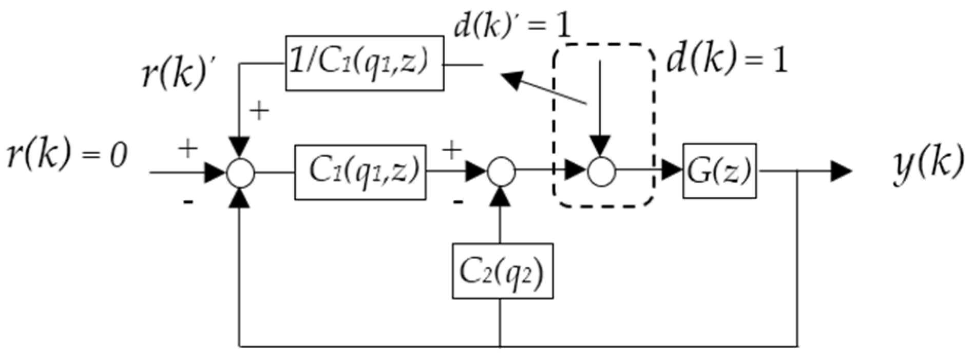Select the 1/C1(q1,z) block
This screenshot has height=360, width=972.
pos(364,63)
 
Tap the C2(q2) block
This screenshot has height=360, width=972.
pos(502,271)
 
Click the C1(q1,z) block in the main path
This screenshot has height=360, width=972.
pos(359,172)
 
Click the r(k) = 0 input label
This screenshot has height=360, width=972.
pos(67,156)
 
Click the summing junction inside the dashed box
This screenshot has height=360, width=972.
pos(601,172)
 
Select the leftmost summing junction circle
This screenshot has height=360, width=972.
pos(240,172)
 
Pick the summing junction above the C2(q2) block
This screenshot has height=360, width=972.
pos(501,172)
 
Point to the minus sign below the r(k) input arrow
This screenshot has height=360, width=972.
pos(188,202)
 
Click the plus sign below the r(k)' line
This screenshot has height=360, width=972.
pos(259,111)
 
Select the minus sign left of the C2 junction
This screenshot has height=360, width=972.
pos(458,202)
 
